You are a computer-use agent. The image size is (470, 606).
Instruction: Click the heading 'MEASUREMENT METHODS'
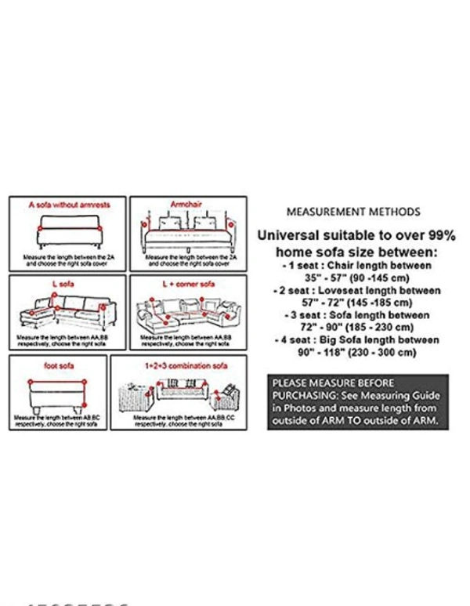pos(352,212)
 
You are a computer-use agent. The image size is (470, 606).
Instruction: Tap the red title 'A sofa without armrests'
pos(70,205)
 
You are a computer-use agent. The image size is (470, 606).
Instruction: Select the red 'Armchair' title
pos(186,204)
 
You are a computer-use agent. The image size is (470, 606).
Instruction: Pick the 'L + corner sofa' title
pos(188,284)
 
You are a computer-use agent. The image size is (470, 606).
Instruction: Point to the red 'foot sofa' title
pos(58,365)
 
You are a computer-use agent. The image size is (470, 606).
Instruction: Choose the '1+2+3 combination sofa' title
pos(178,365)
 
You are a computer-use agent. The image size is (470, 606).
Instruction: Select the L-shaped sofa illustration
pos(67,312)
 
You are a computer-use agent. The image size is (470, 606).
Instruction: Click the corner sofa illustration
pos(188,313)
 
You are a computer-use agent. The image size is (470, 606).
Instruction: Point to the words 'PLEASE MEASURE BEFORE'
pos(327,383)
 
